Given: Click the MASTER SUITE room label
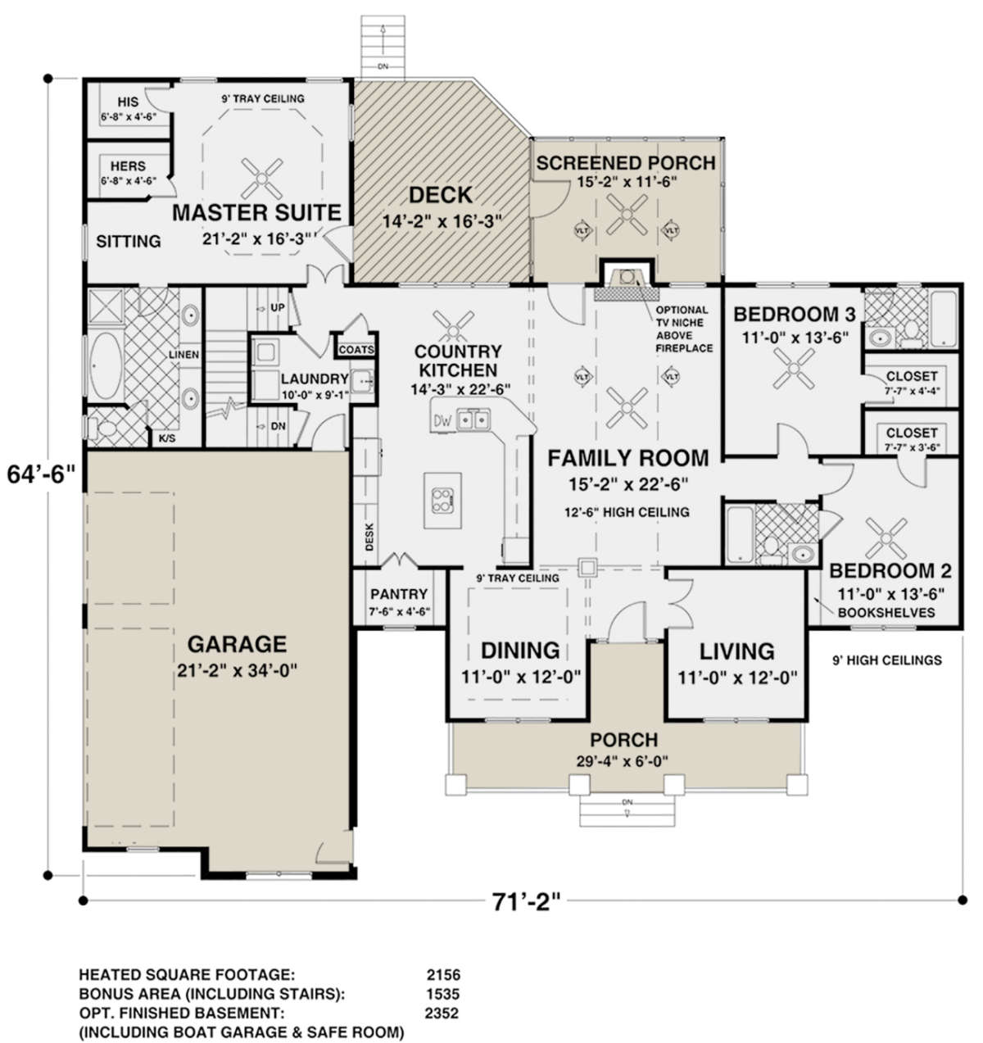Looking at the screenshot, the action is point(256,213).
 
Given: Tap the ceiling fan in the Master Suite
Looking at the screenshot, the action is point(261,178).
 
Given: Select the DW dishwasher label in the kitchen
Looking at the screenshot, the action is point(442,420).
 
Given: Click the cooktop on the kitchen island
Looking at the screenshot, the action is point(442,500).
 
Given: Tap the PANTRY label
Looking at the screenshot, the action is point(399,594).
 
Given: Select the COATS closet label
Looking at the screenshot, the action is point(356,350).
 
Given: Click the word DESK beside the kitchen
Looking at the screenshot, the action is point(369,536).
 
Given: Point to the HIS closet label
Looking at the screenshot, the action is point(128,102).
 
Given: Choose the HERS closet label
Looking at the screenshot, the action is point(128,166).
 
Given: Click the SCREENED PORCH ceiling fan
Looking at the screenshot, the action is point(627,215).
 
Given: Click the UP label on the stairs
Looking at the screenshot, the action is point(277,307).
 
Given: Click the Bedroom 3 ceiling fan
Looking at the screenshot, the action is point(794,368).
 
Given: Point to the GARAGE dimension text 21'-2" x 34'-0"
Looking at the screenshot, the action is point(238,671).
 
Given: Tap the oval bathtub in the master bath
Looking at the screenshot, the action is point(106,366).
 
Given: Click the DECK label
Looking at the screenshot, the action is point(441,195).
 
